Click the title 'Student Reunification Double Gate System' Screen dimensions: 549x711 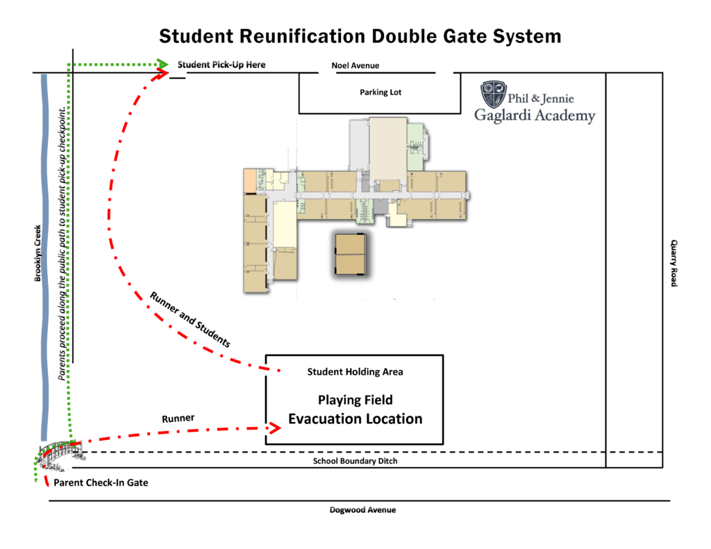coord(360,36)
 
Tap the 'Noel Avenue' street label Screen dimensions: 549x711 coord(355,66)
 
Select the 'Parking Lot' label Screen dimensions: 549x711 coord(380,92)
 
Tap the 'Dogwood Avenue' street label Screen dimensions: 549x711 coord(362,510)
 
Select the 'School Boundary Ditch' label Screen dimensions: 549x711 coord(355,461)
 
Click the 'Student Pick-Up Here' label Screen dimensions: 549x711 coord(221,65)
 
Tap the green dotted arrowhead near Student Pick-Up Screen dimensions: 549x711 coord(163,64)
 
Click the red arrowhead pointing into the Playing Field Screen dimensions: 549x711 coord(274,429)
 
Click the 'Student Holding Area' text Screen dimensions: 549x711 coord(355,372)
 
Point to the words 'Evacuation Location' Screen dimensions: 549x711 coord(355,419)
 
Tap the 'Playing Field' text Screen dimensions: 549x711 coord(355,400)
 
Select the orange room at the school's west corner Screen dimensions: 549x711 coord(249,181)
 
